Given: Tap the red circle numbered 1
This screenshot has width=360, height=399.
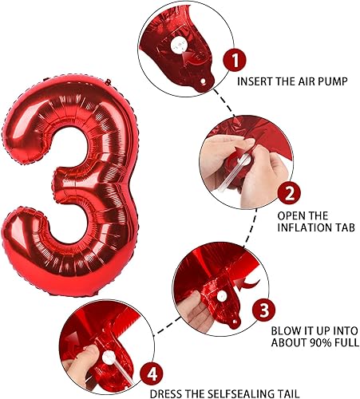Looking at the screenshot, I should [x=232, y=58].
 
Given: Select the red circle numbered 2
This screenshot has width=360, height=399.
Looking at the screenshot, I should [x=290, y=192].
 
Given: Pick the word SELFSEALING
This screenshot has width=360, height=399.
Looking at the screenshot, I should [x=231, y=393].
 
